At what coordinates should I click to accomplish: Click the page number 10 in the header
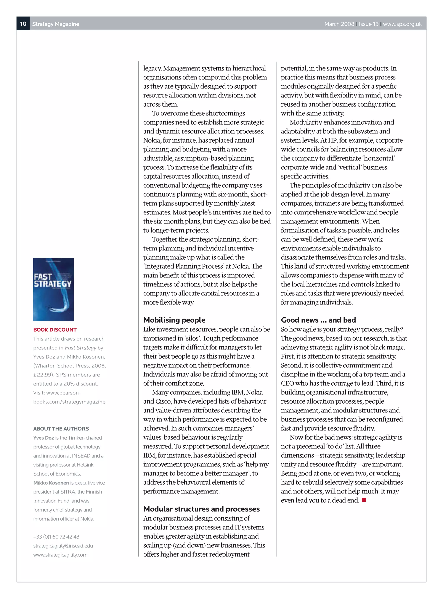(23, 24)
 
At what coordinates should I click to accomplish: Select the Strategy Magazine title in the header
(56, 24)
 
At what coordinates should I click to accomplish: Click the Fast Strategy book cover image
(53, 289)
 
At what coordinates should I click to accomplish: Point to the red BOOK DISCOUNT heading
(55, 330)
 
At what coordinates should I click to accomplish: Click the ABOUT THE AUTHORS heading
(61, 429)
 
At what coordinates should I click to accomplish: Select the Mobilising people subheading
(174, 320)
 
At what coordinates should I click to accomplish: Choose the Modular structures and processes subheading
(201, 509)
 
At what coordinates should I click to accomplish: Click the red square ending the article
(364, 500)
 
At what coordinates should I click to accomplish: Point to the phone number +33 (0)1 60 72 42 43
(56, 537)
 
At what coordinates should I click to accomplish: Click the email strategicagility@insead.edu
(63, 546)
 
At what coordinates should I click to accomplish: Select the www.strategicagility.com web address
(60, 555)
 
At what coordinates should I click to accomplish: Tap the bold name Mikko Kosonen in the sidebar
(51, 483)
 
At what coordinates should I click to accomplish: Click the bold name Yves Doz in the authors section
(43, 438)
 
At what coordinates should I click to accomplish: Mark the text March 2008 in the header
(339, 24)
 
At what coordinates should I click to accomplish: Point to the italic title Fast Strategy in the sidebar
(80, 348)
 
